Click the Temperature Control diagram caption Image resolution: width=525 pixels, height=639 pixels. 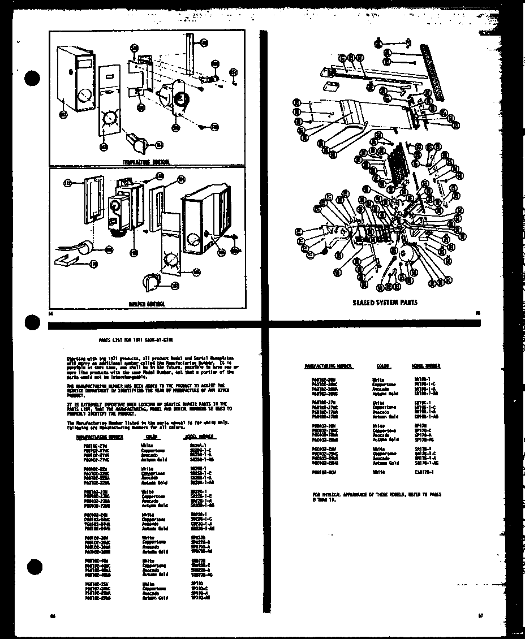click(147, 162)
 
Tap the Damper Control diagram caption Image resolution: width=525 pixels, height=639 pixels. click(147, 304)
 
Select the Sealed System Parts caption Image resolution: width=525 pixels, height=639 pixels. click(385, 302)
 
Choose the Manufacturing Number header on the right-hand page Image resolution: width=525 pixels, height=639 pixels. click(329, 366)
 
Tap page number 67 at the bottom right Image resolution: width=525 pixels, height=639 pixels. click(479, 615)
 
